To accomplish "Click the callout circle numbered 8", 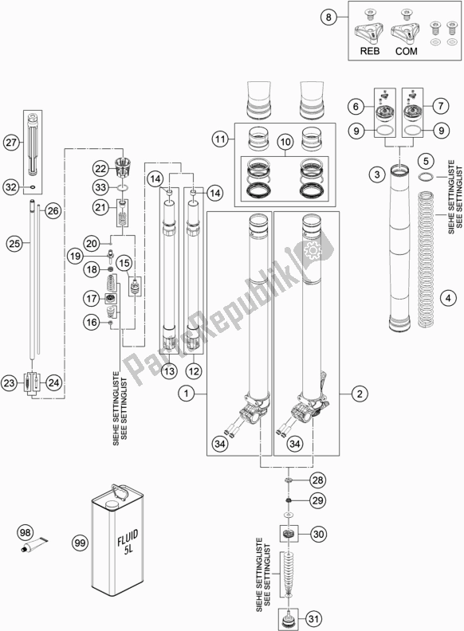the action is (x=328, y=18).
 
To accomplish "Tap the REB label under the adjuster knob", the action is (x=369, y=51).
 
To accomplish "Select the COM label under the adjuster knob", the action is (x=406, y=51).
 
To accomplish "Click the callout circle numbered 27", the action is (x=12, y=143).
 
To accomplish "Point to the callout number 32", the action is (x=12, y=186).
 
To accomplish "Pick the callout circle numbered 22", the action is (x=100, y=169).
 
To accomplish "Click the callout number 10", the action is (x=285, y=142).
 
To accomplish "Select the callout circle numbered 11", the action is (x=220, y=139).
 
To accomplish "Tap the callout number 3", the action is (x=377, y=174).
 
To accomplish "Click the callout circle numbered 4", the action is (x=448, y=298).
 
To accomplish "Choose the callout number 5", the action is (x=426, y=162).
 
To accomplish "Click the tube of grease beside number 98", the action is (x=34, y=545).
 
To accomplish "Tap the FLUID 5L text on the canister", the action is (x=128, y=543).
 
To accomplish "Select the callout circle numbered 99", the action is (x=81, y=543).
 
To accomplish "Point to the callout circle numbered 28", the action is (x=318, y=480).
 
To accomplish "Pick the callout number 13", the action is (x=169, y=370).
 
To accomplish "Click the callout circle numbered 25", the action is (x=14, y=243).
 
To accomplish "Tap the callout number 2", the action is (x=360, y=393).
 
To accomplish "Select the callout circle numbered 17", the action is (x=91, y=298).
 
